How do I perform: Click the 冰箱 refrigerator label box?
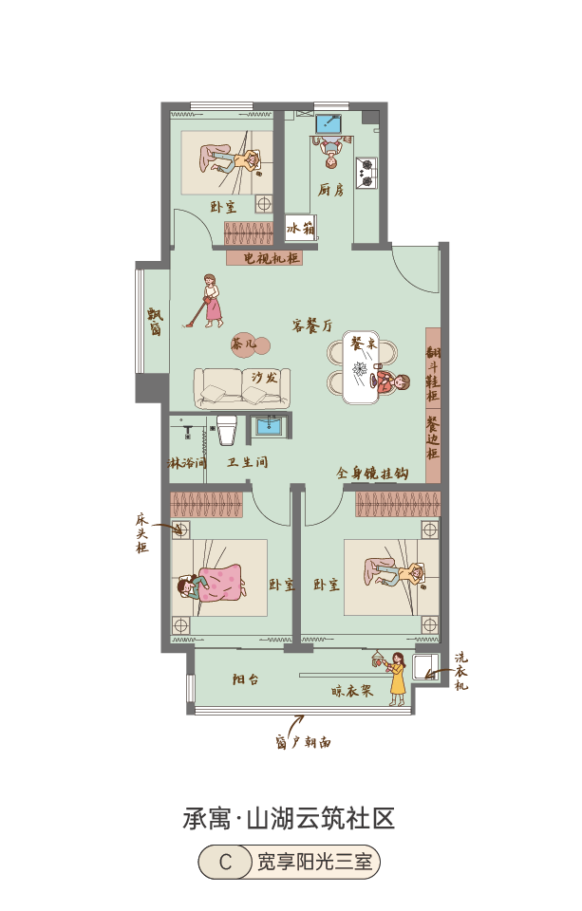coord(300,228)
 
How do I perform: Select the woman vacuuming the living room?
coord(208,301)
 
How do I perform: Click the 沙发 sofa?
coord(241,387)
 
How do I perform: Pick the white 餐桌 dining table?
coord(360,366)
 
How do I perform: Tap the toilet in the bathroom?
coord(227,429)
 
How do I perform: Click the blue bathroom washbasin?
coord(270,425)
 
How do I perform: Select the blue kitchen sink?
coord(329,123)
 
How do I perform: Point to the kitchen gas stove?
coord(366,173)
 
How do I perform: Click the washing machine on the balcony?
coord(425,666)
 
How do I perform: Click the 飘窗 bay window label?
coord(156,322)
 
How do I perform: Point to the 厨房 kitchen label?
coord(330,190)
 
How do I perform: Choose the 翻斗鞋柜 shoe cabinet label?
coord(433,374)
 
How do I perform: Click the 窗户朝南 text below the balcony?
coord(303,742)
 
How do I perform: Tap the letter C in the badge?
coord(226,862)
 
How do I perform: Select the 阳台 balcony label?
coord(246,679)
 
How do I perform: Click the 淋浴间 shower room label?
coord(187,463)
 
